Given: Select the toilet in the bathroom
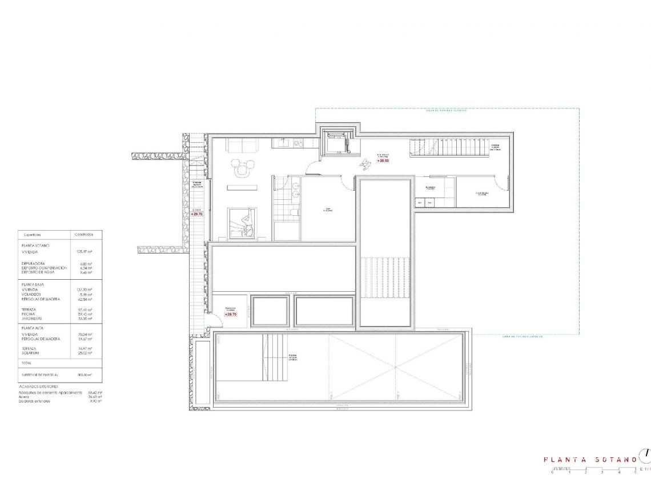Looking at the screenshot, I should coord(294,212).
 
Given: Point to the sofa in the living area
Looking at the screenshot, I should coord(240,146).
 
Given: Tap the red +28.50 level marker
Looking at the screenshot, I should coord(383,161).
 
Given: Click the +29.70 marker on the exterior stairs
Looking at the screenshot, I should coord(197,214).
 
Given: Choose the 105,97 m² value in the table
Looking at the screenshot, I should coord(84,251).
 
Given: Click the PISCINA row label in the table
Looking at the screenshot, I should coord(29,314).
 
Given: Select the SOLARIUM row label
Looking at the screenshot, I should coord(31,353).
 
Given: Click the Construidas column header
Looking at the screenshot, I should coord(84,235).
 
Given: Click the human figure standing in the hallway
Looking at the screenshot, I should coord(364,163).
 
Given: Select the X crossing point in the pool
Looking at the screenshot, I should coord(395,368).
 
